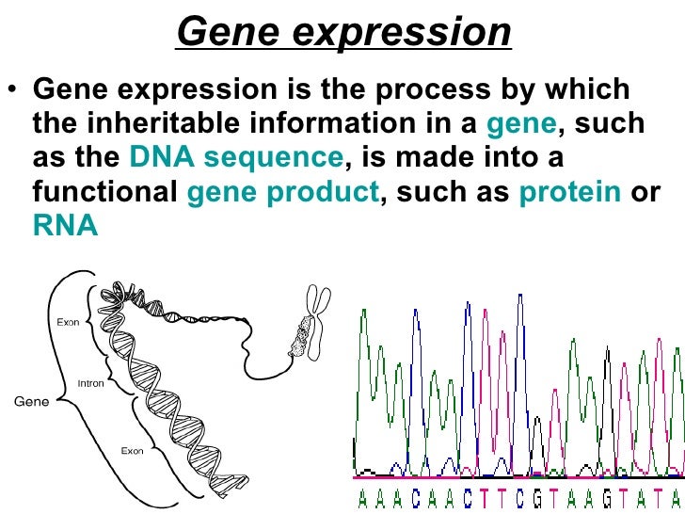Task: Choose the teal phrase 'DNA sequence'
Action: [x=236, y=157]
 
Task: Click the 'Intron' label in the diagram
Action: [x=90, y=384]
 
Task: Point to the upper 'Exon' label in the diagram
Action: [x=68, y=322]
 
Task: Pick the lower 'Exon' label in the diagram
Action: [x=132, y=451]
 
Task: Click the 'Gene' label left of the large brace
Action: [x=30, y=401]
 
